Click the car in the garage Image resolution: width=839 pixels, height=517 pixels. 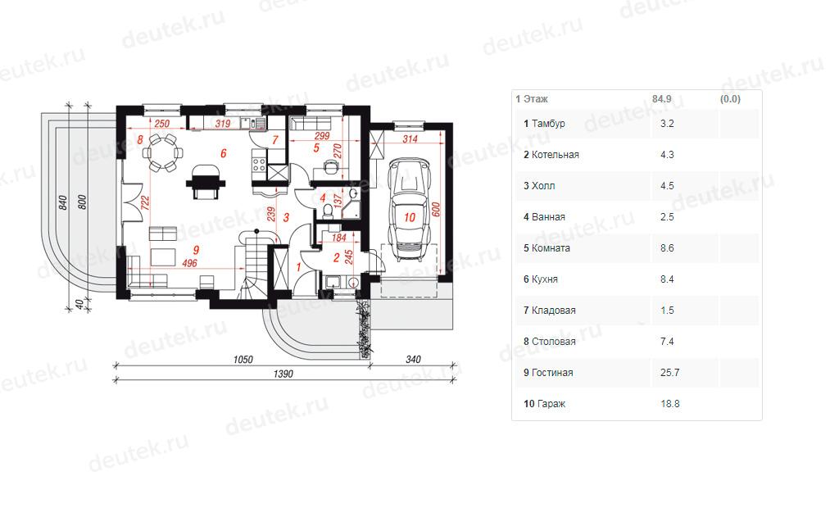pyautogui.click(x=410, y=210)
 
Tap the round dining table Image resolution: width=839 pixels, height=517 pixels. pyautogui.click(x=161, y=153)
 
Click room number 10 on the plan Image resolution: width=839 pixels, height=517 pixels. pyautogui.click(x=410, y=217)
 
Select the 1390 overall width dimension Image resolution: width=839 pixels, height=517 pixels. pyautogui.click(x=283, y=374)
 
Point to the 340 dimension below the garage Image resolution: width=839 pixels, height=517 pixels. pyautogui.click(x=413, y=359)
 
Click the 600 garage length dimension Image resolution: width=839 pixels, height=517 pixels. pyautogui.click(x=436, y=209)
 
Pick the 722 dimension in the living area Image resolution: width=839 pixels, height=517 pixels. pyautogui.click(x=144, y=203)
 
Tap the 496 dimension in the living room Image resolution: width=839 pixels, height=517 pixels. pyautogui.click(x=189, y=263)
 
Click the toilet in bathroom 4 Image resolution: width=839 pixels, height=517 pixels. pyautogui.click(x=328, y=211)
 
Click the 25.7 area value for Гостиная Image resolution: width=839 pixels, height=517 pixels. pyautogui.click(x=670, y=373)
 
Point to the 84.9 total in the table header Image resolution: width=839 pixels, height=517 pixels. pyautogui.click(x=661, y=99)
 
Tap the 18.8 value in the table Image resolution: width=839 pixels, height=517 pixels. pyautogui.click(x=670, y=404)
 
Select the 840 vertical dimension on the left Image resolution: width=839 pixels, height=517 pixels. pyautogui.click(x=63, y=202)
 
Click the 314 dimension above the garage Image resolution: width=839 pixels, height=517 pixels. pyautogui.click(x=410, y=139)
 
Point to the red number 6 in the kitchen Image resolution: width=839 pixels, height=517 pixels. pyautogui.click(x=223, y=153)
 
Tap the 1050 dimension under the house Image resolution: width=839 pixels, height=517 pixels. pyautogui.click(x=243, y=359)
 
